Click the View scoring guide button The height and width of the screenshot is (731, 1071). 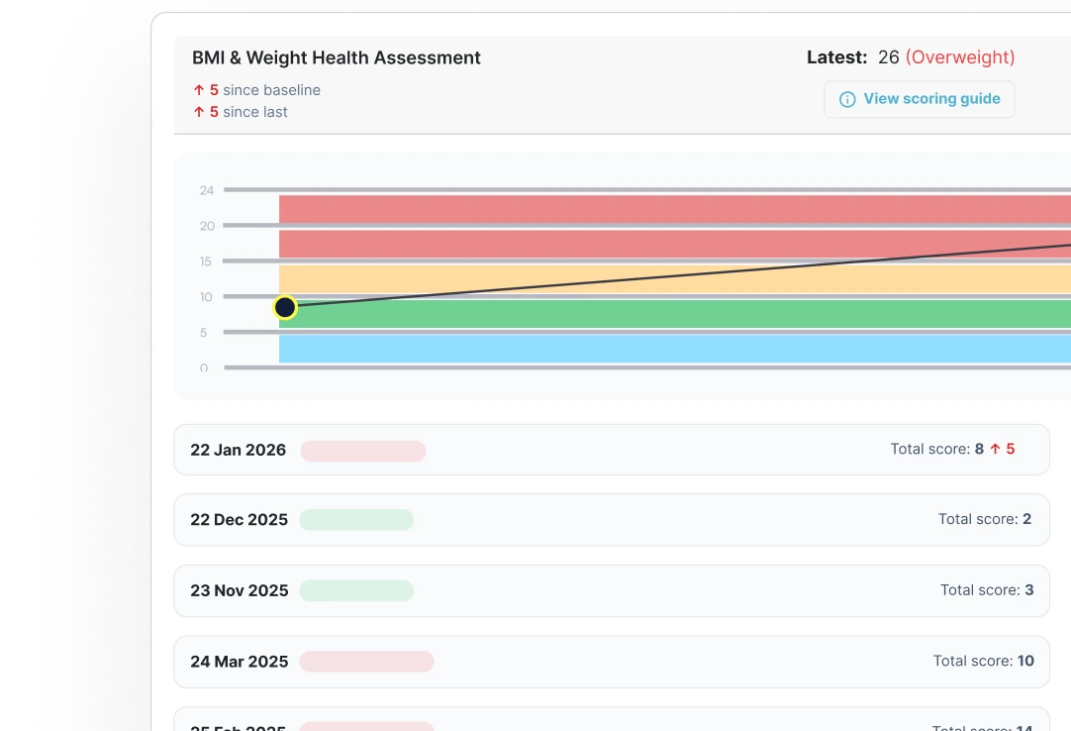tap(920, 99)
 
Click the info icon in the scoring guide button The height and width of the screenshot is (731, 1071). tap(847, 99)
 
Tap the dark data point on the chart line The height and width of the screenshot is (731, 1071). tap(285, 307)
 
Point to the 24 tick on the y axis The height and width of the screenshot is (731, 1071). tap(207, 190)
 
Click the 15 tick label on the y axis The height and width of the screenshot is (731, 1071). tap(207, 261)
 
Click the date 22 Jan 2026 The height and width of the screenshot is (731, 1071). tap(238, 450)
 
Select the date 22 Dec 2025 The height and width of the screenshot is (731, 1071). tap(239, 520)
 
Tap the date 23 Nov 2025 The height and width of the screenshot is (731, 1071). tap(239, 590)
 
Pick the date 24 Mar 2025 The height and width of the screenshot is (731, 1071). tap(239, 662)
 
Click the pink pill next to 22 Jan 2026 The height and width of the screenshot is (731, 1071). tap(363, 451)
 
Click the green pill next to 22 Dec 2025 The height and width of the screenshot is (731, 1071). tap(356, 520)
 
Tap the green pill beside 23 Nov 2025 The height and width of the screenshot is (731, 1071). tap(356, 590)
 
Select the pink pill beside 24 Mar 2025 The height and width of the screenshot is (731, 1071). tap(366, 662)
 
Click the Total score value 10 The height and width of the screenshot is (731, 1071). tap(1024, 661)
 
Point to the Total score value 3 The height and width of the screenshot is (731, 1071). tap(1029, 590)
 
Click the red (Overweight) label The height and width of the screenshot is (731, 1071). tap(960, 57)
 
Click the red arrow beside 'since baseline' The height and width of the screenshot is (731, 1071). tap(199, 90)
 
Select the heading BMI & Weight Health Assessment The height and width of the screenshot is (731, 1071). tap(337, 58)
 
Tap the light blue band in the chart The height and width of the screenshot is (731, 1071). tap(673, 349)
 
